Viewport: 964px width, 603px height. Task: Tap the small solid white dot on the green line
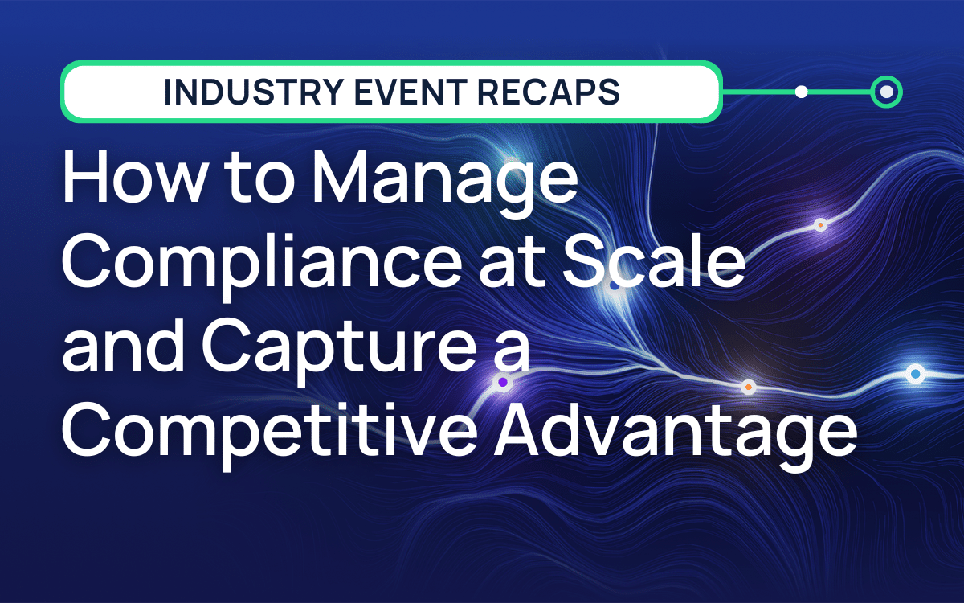pyautogui.click(x=801, y=92)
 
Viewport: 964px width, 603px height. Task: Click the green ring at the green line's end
pyautogui.click(x=886, y=92)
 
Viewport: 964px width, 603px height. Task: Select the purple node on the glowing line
pyautogui.click(x=503, y=382)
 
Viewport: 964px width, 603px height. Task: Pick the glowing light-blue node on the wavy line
pyautogui.click(x=915, y=374)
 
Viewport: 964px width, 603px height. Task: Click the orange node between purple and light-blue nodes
pyautogui.click(x=749, y=387)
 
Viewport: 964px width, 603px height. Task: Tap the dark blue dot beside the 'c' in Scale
pyautogui.click(x=615, y=285)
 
